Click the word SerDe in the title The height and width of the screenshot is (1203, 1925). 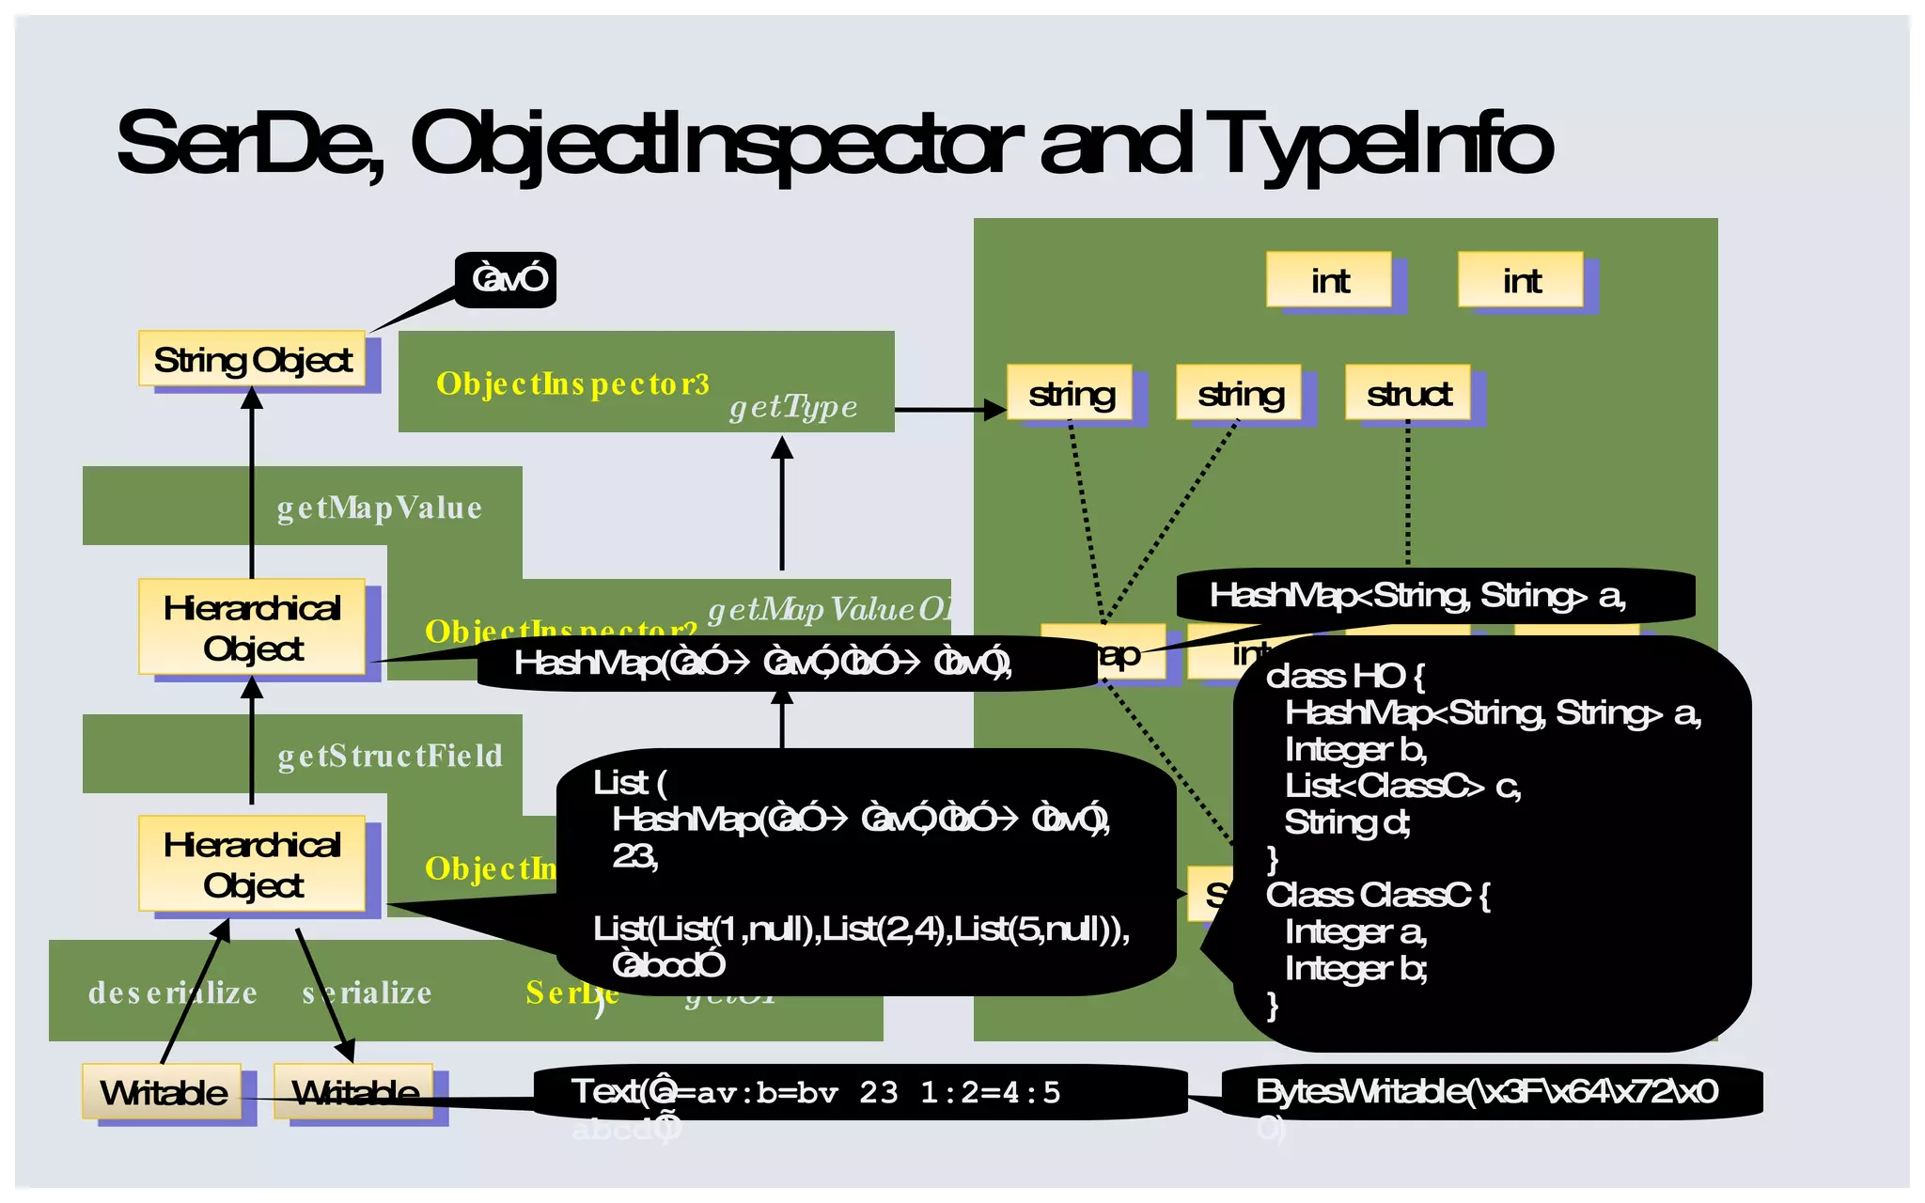click(x=249, y=143)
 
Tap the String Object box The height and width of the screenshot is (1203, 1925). click(x=252, y=359)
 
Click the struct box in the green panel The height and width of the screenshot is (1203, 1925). click(x=1408, y=393)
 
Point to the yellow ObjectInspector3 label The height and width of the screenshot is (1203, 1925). click(x=572, y=383)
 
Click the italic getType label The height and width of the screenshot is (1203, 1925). click(x=793, y=406)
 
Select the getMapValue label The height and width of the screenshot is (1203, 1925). click(x=379, y=508)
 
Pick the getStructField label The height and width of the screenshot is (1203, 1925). click(x=390, y=756)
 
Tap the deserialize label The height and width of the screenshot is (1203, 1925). click(x=172, y=992)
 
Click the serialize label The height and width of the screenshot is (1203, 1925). click(x=368, y=992)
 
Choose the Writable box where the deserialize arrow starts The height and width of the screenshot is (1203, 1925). click(x=163, y=1092)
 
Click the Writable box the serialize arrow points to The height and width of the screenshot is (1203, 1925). click(x=354, y=1092)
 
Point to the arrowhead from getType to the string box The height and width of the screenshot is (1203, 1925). click(x=994, y=410)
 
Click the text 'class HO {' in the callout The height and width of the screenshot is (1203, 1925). click(x=1345, y=676)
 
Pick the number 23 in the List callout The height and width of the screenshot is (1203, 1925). click(x=634, y=856)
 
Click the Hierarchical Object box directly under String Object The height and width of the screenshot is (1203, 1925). click(x=252, y=628)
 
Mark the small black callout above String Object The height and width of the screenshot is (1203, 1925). click(x=509, y=279)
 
